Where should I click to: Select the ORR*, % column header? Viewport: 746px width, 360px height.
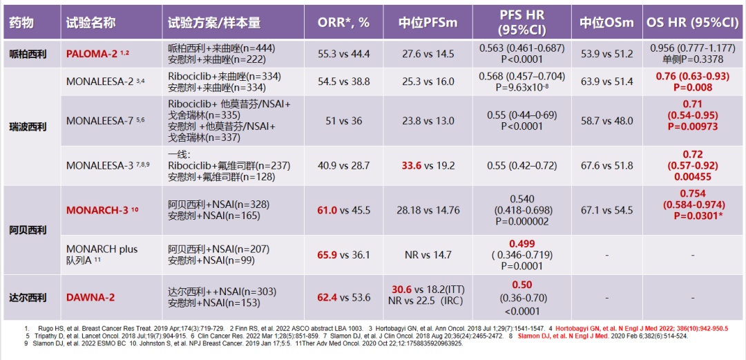[343, 23]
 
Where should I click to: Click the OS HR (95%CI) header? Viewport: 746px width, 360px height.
[692, 23]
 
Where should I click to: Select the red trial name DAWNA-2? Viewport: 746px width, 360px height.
[90, 298]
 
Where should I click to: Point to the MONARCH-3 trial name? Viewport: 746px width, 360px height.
[97, 210]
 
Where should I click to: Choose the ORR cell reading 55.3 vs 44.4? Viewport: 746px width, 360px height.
[343, 54]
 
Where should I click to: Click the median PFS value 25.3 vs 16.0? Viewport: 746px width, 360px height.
[429, 82]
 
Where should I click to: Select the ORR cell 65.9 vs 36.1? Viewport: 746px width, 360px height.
[343, 254]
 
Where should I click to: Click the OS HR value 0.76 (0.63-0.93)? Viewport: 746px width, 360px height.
[692, 76]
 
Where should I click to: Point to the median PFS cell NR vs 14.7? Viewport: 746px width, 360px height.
[429, 254]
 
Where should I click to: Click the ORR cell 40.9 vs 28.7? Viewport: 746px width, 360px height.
[343, 166]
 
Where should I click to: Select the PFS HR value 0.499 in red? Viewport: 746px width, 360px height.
[522, 243]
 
